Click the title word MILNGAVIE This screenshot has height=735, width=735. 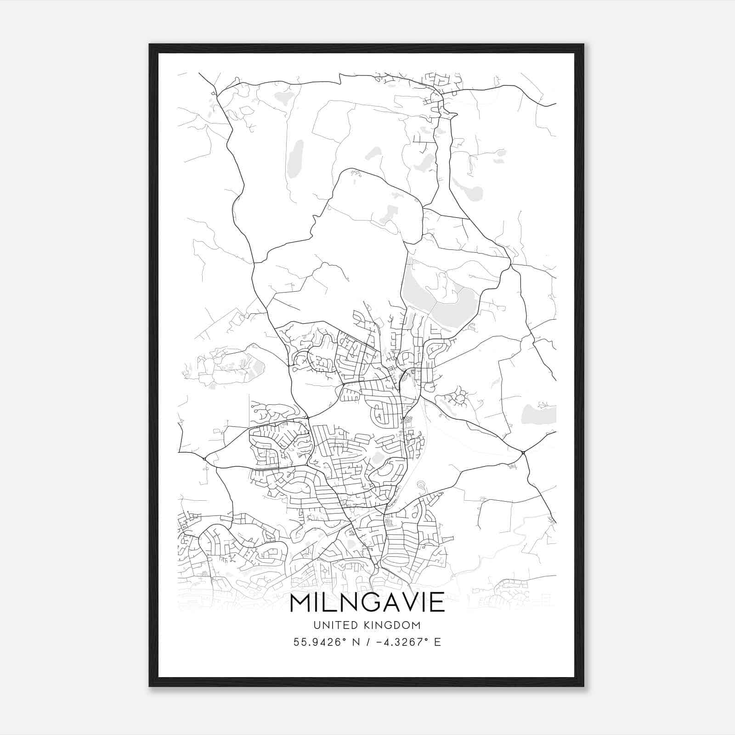tap(367, 602)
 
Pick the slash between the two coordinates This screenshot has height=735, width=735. tap(366, 642)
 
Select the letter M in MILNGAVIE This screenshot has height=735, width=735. tap(301, 602)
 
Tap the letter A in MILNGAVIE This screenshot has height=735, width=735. tap(388, 602)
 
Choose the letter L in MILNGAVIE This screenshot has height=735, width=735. tap(332, 602)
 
